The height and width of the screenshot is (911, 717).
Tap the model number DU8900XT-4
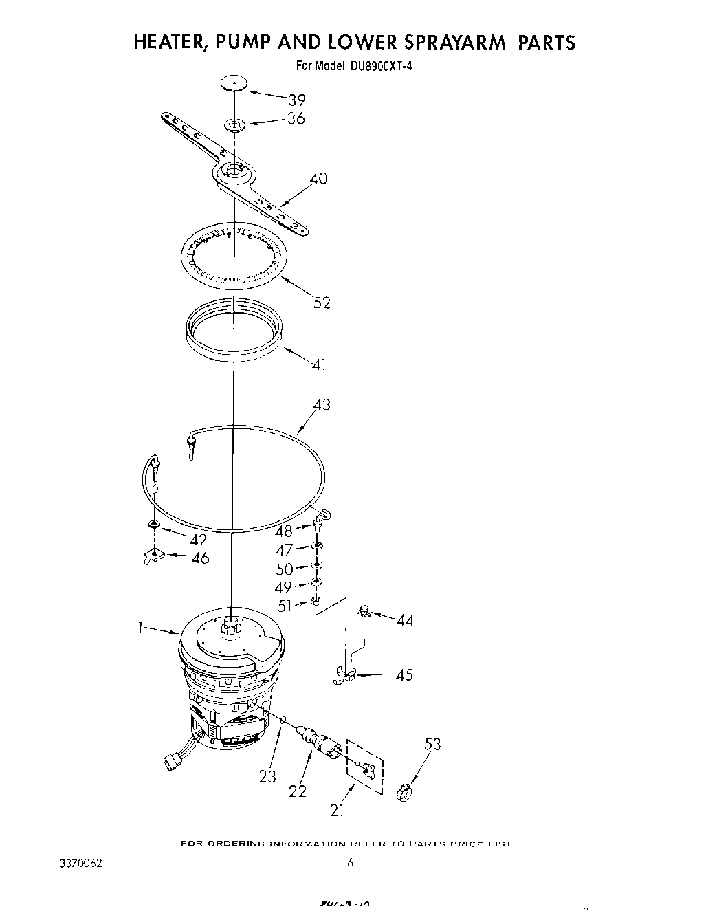379,67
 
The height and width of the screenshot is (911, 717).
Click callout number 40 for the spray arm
318,179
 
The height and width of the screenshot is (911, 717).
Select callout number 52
322,302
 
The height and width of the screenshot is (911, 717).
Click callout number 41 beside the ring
318,364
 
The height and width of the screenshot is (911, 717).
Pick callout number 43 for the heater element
321,405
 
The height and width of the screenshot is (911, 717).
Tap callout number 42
199,540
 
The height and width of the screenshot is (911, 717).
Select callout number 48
283,531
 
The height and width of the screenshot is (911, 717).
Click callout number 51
285,606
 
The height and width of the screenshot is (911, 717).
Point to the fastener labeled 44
364,610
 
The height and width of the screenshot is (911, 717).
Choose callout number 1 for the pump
140,626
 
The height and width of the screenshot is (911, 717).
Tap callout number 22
297,791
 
